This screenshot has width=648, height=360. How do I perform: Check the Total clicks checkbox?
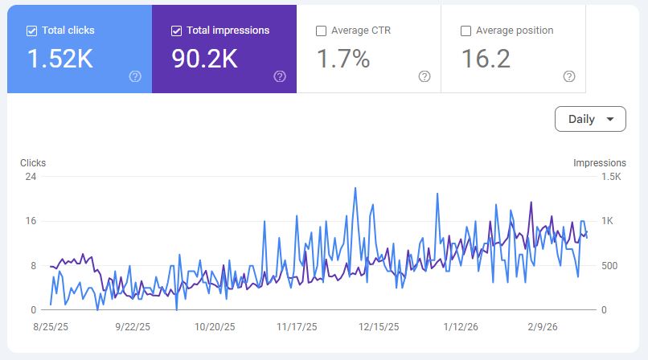coord(31,31)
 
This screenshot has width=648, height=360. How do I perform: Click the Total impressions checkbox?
coord(176,31)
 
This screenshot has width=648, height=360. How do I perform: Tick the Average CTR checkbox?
coord(321,31)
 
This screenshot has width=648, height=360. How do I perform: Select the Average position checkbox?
coord(465,31)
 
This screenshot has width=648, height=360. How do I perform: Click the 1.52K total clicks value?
coord(60,59)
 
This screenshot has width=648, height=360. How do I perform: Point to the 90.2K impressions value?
coord(204,59)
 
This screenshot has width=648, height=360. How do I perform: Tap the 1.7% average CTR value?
coord(343,59)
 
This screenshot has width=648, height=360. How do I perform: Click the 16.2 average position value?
coord(486,59)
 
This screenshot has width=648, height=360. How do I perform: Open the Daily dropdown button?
coord(590,119)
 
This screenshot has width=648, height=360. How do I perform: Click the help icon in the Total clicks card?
coord(135,76)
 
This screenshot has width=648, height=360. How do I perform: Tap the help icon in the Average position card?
coord(569,76)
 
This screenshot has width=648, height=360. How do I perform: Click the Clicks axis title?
coord(33,163)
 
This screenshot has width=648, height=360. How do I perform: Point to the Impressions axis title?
coord(600,163)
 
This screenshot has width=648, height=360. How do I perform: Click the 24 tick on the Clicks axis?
coord(31,177)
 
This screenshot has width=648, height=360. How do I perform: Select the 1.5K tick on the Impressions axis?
coord(611,177)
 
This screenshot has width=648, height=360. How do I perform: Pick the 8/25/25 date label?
coord(51,327)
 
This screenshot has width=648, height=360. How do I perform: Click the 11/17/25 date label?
coord(297,327)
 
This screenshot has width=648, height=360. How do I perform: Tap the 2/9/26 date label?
coord(542,327)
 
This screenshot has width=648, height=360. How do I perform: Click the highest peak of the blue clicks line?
coord(355,188)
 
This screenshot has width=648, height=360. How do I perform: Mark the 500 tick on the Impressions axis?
coord(609,266)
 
